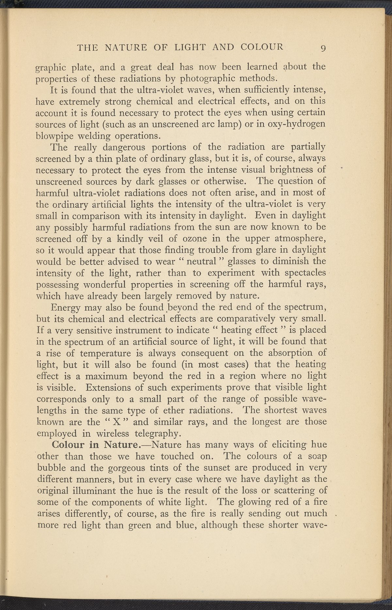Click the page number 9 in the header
click(323, 48)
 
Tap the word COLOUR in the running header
click(262, 47)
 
